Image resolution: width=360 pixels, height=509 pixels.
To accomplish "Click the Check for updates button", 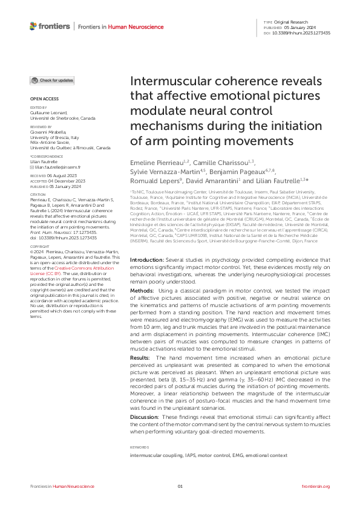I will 53,80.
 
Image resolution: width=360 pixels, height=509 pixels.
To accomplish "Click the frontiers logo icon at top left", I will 34,26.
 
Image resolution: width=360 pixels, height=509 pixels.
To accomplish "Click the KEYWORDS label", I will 138,447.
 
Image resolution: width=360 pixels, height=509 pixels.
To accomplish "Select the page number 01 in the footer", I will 180,487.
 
